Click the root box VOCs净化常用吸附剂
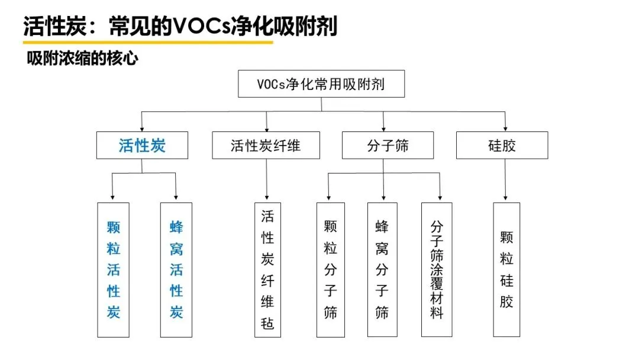click(x=321, y=84)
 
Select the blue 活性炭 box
click(x=142, y=145)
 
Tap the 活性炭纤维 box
click(x=266, y=145)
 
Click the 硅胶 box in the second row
click(x=502, y=145)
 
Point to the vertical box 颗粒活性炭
click(x=113, y=269)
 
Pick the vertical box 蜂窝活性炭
click(x=176, y=269)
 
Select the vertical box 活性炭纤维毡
click(x=267, y=269)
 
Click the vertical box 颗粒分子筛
click(x=330, y=269)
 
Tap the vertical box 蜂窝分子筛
click(x=382, y=269)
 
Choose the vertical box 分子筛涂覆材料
click(x=437, y=269)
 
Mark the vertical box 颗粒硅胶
click(x=506, y=269)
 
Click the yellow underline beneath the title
click(x=148, y=42)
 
